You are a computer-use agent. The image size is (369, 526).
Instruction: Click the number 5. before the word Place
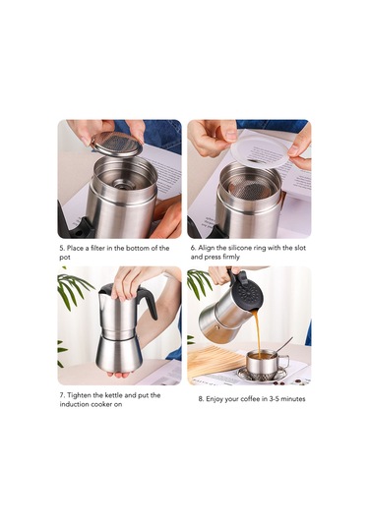pyautogui.click(x=61, y=248)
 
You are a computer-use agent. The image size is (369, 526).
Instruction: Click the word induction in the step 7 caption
pyautogui.click(x=75, y=404)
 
